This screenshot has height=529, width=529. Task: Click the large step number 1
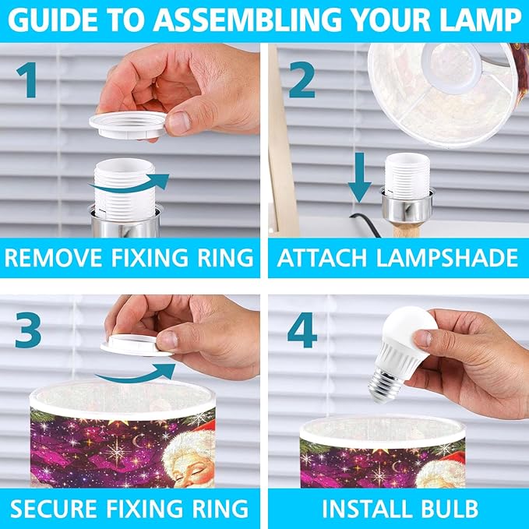[x=26, y=80]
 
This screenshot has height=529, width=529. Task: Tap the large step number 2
[x=302, y=80]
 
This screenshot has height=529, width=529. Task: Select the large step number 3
[x=28, y=330]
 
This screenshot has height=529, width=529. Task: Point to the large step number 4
[x=302, y=330]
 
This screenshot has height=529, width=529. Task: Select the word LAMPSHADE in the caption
[x=446, y=258]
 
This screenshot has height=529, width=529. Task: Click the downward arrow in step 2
[x=360, y=178]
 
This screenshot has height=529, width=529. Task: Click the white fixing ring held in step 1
[x=129, y=125]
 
